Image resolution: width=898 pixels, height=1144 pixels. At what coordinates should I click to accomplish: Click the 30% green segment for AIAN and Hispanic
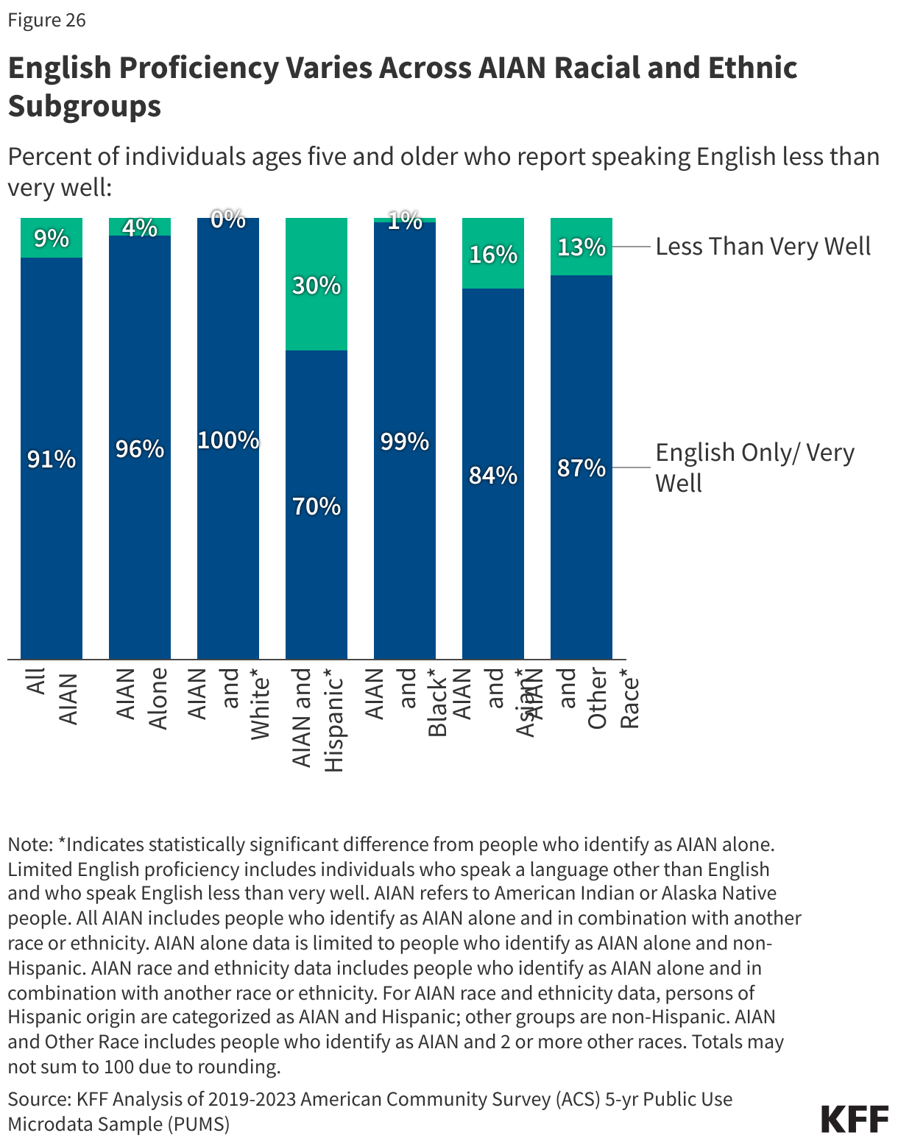(x=317, y=285)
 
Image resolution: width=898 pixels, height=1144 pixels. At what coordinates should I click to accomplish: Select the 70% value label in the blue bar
(x=317, y=506)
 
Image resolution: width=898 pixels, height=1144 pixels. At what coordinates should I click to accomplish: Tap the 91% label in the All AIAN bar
(x=52, y=459)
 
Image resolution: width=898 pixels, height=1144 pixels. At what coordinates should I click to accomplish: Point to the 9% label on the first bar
(x=52, y=239)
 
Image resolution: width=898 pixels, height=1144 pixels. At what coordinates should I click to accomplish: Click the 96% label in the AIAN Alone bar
(x=140, y=448)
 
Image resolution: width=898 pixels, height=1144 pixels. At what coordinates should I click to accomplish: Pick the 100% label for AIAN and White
(x=228, y=440)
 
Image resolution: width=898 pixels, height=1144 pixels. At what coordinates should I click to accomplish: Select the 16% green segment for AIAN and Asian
(x=493, y=254)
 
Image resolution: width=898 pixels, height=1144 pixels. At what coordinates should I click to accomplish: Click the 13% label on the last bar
(x=581, y=247)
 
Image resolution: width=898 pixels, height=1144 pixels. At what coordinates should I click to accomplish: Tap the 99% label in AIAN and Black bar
(x=405, y=442)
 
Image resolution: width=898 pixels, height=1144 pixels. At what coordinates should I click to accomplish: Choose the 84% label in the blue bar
(x=493, y=476)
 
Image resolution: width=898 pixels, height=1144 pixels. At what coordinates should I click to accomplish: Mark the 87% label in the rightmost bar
(x=581, y=467)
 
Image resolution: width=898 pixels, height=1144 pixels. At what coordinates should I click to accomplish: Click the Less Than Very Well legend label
(x=763, y=246)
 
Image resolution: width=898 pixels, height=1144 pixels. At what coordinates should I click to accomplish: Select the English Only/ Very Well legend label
(x=754, y=467)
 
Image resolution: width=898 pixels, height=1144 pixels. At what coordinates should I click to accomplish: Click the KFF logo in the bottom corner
(x=855, y=1119)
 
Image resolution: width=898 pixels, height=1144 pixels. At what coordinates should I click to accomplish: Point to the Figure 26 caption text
(x=46, y=20)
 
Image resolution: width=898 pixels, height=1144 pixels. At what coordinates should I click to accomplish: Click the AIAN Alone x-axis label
(x=141, y=698)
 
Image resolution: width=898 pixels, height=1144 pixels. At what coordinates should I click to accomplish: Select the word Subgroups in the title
(x=84, y=106)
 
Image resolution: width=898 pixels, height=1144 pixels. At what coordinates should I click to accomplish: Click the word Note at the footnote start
(x=29, y=844)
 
